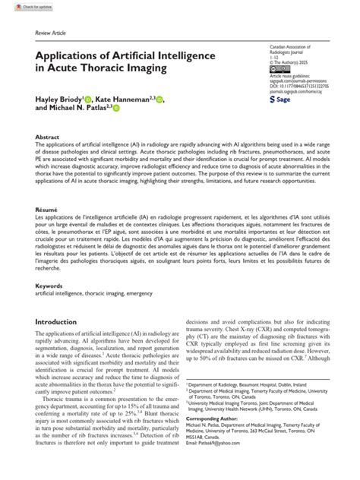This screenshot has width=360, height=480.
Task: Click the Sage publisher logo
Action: tap(279, 99)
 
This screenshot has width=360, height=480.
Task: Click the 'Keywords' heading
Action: tap(49, 286)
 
